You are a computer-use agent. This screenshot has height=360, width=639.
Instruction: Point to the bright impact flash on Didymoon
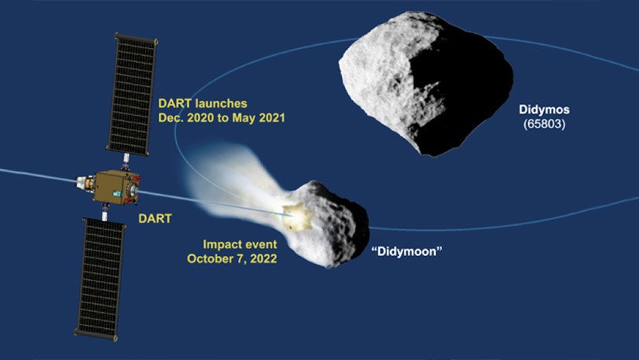tap(292, 210)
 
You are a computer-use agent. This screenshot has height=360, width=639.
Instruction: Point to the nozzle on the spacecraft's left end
tap(80, 185)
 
